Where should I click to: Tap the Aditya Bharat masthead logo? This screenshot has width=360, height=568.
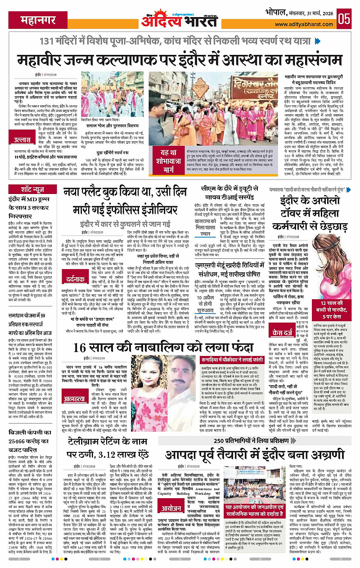(180, 18)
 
